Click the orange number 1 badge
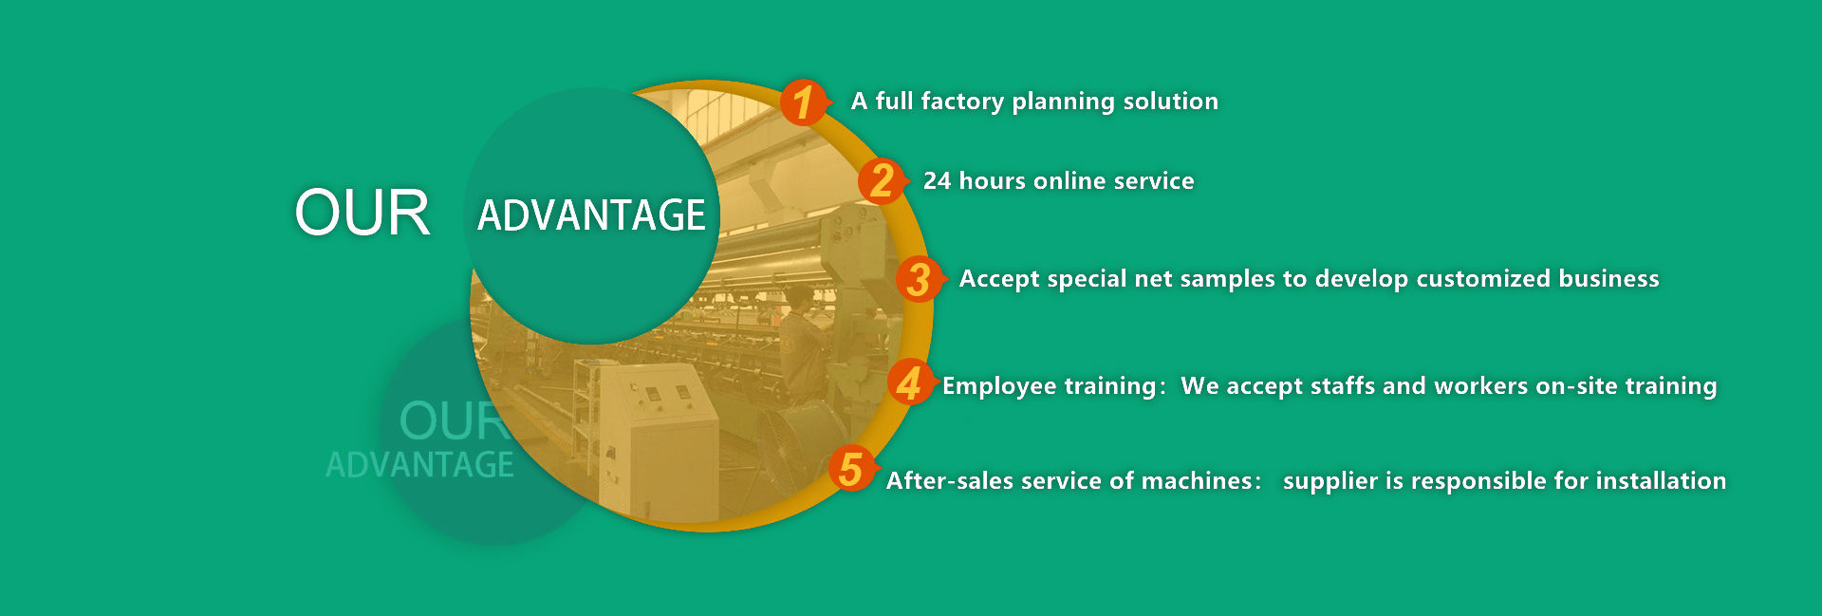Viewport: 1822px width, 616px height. pyautogui.click(x=804, y=103)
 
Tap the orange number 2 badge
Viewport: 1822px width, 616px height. pyautogui.click(x=882, y=180)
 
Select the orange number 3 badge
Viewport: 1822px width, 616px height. pyautogui.click(x=919, y=279)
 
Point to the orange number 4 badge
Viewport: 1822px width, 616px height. pyautogui.click(x=909, y=383)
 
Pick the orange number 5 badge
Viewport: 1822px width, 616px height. pyautogui.click(x=850, y=469)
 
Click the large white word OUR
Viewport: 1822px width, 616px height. pyautogui.click(x=362, y=213)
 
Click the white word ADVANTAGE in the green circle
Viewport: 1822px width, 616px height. pyautogui.click(x=591, y=215)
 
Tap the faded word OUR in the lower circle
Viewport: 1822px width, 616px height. pyautogui.click(x=453, y=420)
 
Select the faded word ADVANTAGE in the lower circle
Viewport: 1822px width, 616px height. pyautogui.click(x=419, y=465)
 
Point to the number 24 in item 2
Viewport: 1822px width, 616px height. pyautogui.click(x=937, y=181)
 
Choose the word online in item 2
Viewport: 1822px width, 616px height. pyautogui.click(x=1069, y=181)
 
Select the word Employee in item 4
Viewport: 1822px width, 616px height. pyautogui.click(x=999, y=386)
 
